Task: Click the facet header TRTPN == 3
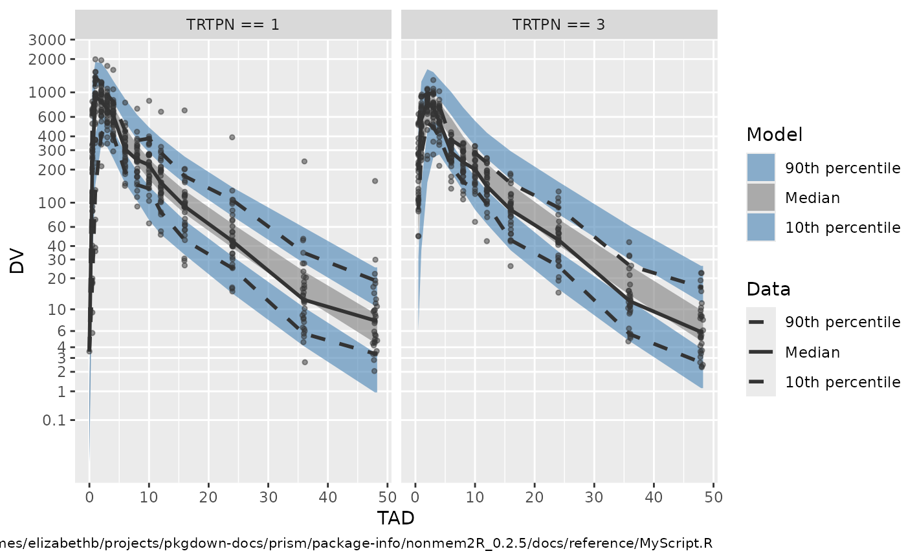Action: click(558, 25)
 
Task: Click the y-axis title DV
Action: click(17, 263)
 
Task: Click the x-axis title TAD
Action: click(395, 518)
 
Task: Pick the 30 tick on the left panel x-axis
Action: click(268, 497)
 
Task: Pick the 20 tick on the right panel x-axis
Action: click(535, 497)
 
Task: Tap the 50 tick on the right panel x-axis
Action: click(713, 497)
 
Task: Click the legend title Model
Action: click(774, 135)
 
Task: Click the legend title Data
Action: click(768, 289)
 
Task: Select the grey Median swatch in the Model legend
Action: click(760, 198)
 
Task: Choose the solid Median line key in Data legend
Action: click(760, 352)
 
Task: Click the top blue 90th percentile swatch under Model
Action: click(760, 168)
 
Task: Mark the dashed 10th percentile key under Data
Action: click(760, 382)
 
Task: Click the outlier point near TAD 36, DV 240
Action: click(304, 161)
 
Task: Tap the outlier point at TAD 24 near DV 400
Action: click(232, 137)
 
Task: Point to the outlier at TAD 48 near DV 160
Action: click(374, 181)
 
